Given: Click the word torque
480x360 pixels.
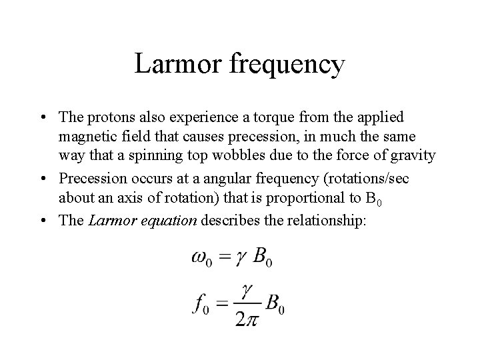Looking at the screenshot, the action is [x=269, y=118].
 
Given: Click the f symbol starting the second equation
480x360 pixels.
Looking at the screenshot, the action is [x=199, y=303].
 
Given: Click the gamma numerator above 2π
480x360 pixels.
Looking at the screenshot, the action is [x=247, y=290].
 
